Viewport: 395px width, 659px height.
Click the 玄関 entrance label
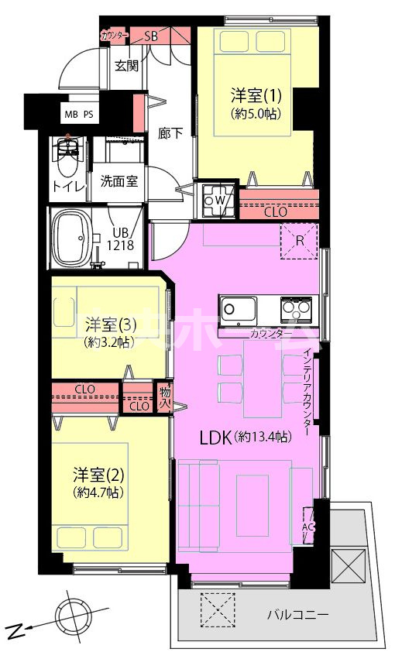[126, 65]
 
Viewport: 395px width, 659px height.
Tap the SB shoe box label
[153, 36]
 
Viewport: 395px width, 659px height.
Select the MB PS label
[79, 115]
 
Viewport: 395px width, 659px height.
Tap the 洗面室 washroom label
[119, 181]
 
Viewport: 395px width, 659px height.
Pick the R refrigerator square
[298, 241]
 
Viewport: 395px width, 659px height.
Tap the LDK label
[212, 438]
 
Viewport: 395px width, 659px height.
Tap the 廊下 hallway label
[170, 132]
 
